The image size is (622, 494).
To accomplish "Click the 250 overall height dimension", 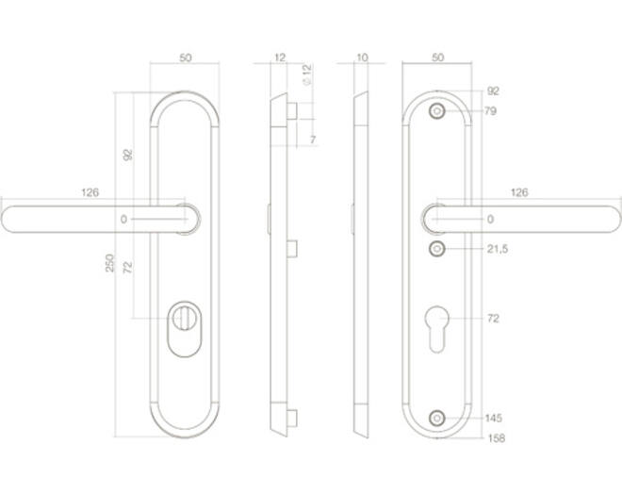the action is click(x=109, y=263).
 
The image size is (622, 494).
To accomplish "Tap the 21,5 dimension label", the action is click(x=498, y=249).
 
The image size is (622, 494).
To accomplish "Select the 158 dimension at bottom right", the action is click(x=496, y=438).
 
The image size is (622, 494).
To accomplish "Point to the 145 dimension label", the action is click(x=494, y=418).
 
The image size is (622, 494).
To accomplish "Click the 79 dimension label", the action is click(x=490, y=110).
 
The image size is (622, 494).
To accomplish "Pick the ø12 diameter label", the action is click(x=307, y=74).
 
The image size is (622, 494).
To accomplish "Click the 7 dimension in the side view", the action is click(x=313, y=140).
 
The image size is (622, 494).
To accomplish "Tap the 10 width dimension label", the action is click(x=362, y=58).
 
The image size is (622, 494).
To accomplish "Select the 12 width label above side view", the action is click(x=280, y=58).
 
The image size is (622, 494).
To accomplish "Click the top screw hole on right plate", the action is click(x=436, y=111).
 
